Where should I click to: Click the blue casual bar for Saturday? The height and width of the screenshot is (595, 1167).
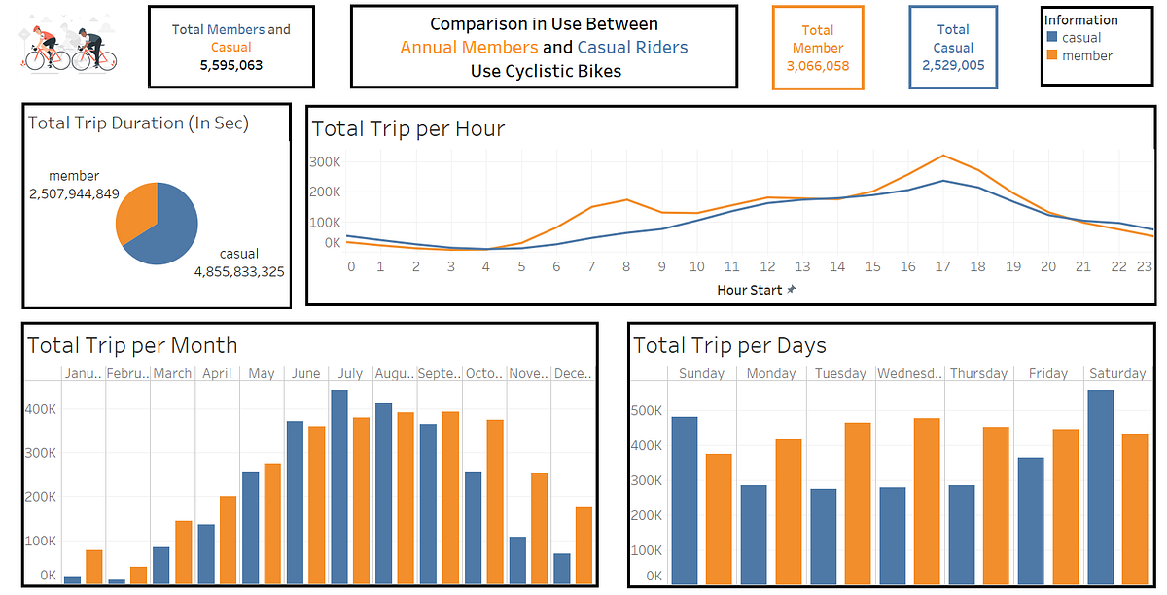[1100, 486]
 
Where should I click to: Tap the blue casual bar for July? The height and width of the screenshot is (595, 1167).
[338, 486]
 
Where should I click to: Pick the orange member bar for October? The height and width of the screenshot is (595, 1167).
[494, 501]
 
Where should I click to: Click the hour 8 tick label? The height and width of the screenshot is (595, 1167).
[627, 266]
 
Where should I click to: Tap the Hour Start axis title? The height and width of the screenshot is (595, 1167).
[749, 290]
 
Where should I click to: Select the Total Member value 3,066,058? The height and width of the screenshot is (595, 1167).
[818, 65]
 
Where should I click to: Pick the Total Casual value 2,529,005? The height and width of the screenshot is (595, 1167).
[953, 65]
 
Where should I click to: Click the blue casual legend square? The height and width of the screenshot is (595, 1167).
[1051, 38]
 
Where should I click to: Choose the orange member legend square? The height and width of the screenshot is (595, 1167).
[1051, 55]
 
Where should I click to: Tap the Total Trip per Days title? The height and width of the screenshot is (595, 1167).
[729, 345]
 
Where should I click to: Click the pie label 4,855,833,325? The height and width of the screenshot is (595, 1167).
[239, 271]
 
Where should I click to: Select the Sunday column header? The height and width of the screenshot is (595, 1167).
[701, 373]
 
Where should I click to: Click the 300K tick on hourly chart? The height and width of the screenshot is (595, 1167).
[325, 161]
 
